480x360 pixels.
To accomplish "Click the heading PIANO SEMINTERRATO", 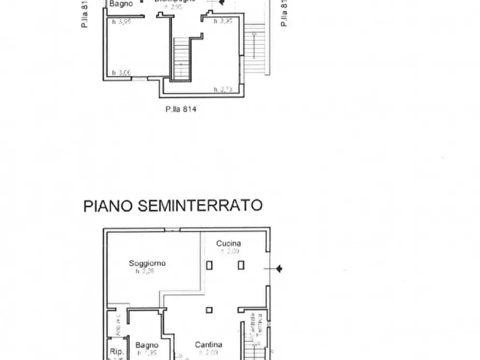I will click(x=173, y=205).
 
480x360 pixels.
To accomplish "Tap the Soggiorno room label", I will click(x=147, y=263).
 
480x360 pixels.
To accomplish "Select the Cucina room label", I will click(x=228, y=243).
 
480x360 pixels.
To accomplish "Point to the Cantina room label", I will click(x=209, y=345).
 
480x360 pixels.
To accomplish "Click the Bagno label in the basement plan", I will click(x=147, y=345).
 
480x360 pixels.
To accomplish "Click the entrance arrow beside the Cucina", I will click(x=278, y=269).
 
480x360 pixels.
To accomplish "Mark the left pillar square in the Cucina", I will click(x=209, y=264).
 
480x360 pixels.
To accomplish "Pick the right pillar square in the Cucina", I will click(x=241, y=264).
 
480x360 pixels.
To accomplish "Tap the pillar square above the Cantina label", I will click(x=209, y=309).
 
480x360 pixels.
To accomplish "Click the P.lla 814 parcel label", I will click(x=181, y=109).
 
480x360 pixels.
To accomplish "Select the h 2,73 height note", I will click(x=223, y=89).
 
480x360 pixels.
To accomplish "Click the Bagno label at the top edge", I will click(x=121, y=3).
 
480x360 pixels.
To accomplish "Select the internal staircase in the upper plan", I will click(x=182, y=59).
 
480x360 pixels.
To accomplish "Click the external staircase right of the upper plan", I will click(x=255, y=48).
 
